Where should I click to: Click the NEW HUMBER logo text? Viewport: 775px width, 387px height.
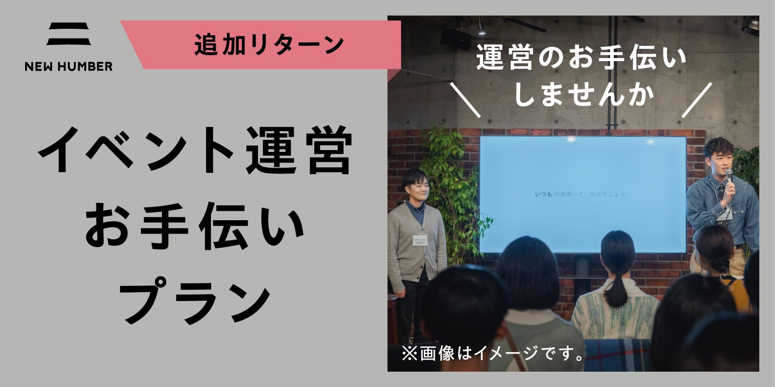(x=68, y=66)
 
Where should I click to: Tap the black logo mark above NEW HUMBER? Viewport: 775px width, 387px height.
(x=68, y=33)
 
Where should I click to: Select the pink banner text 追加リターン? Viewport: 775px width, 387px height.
(x=269, y=45)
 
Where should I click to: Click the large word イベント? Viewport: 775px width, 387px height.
(x=135, y=150)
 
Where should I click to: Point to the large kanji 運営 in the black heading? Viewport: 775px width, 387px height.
(x=298, y=150)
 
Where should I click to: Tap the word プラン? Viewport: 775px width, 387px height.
(x=194, y=300)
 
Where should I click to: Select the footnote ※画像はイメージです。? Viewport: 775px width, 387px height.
(x=493, y=354)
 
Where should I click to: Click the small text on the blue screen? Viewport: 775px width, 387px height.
(x=581, y=194)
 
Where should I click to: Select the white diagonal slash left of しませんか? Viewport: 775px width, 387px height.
(x=465, y=100)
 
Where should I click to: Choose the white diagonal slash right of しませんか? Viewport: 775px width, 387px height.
(x=697, y=100)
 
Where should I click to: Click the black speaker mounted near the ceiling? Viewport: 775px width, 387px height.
(x=456, y=39)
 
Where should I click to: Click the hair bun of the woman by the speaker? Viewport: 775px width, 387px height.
(x=720, y=264)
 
